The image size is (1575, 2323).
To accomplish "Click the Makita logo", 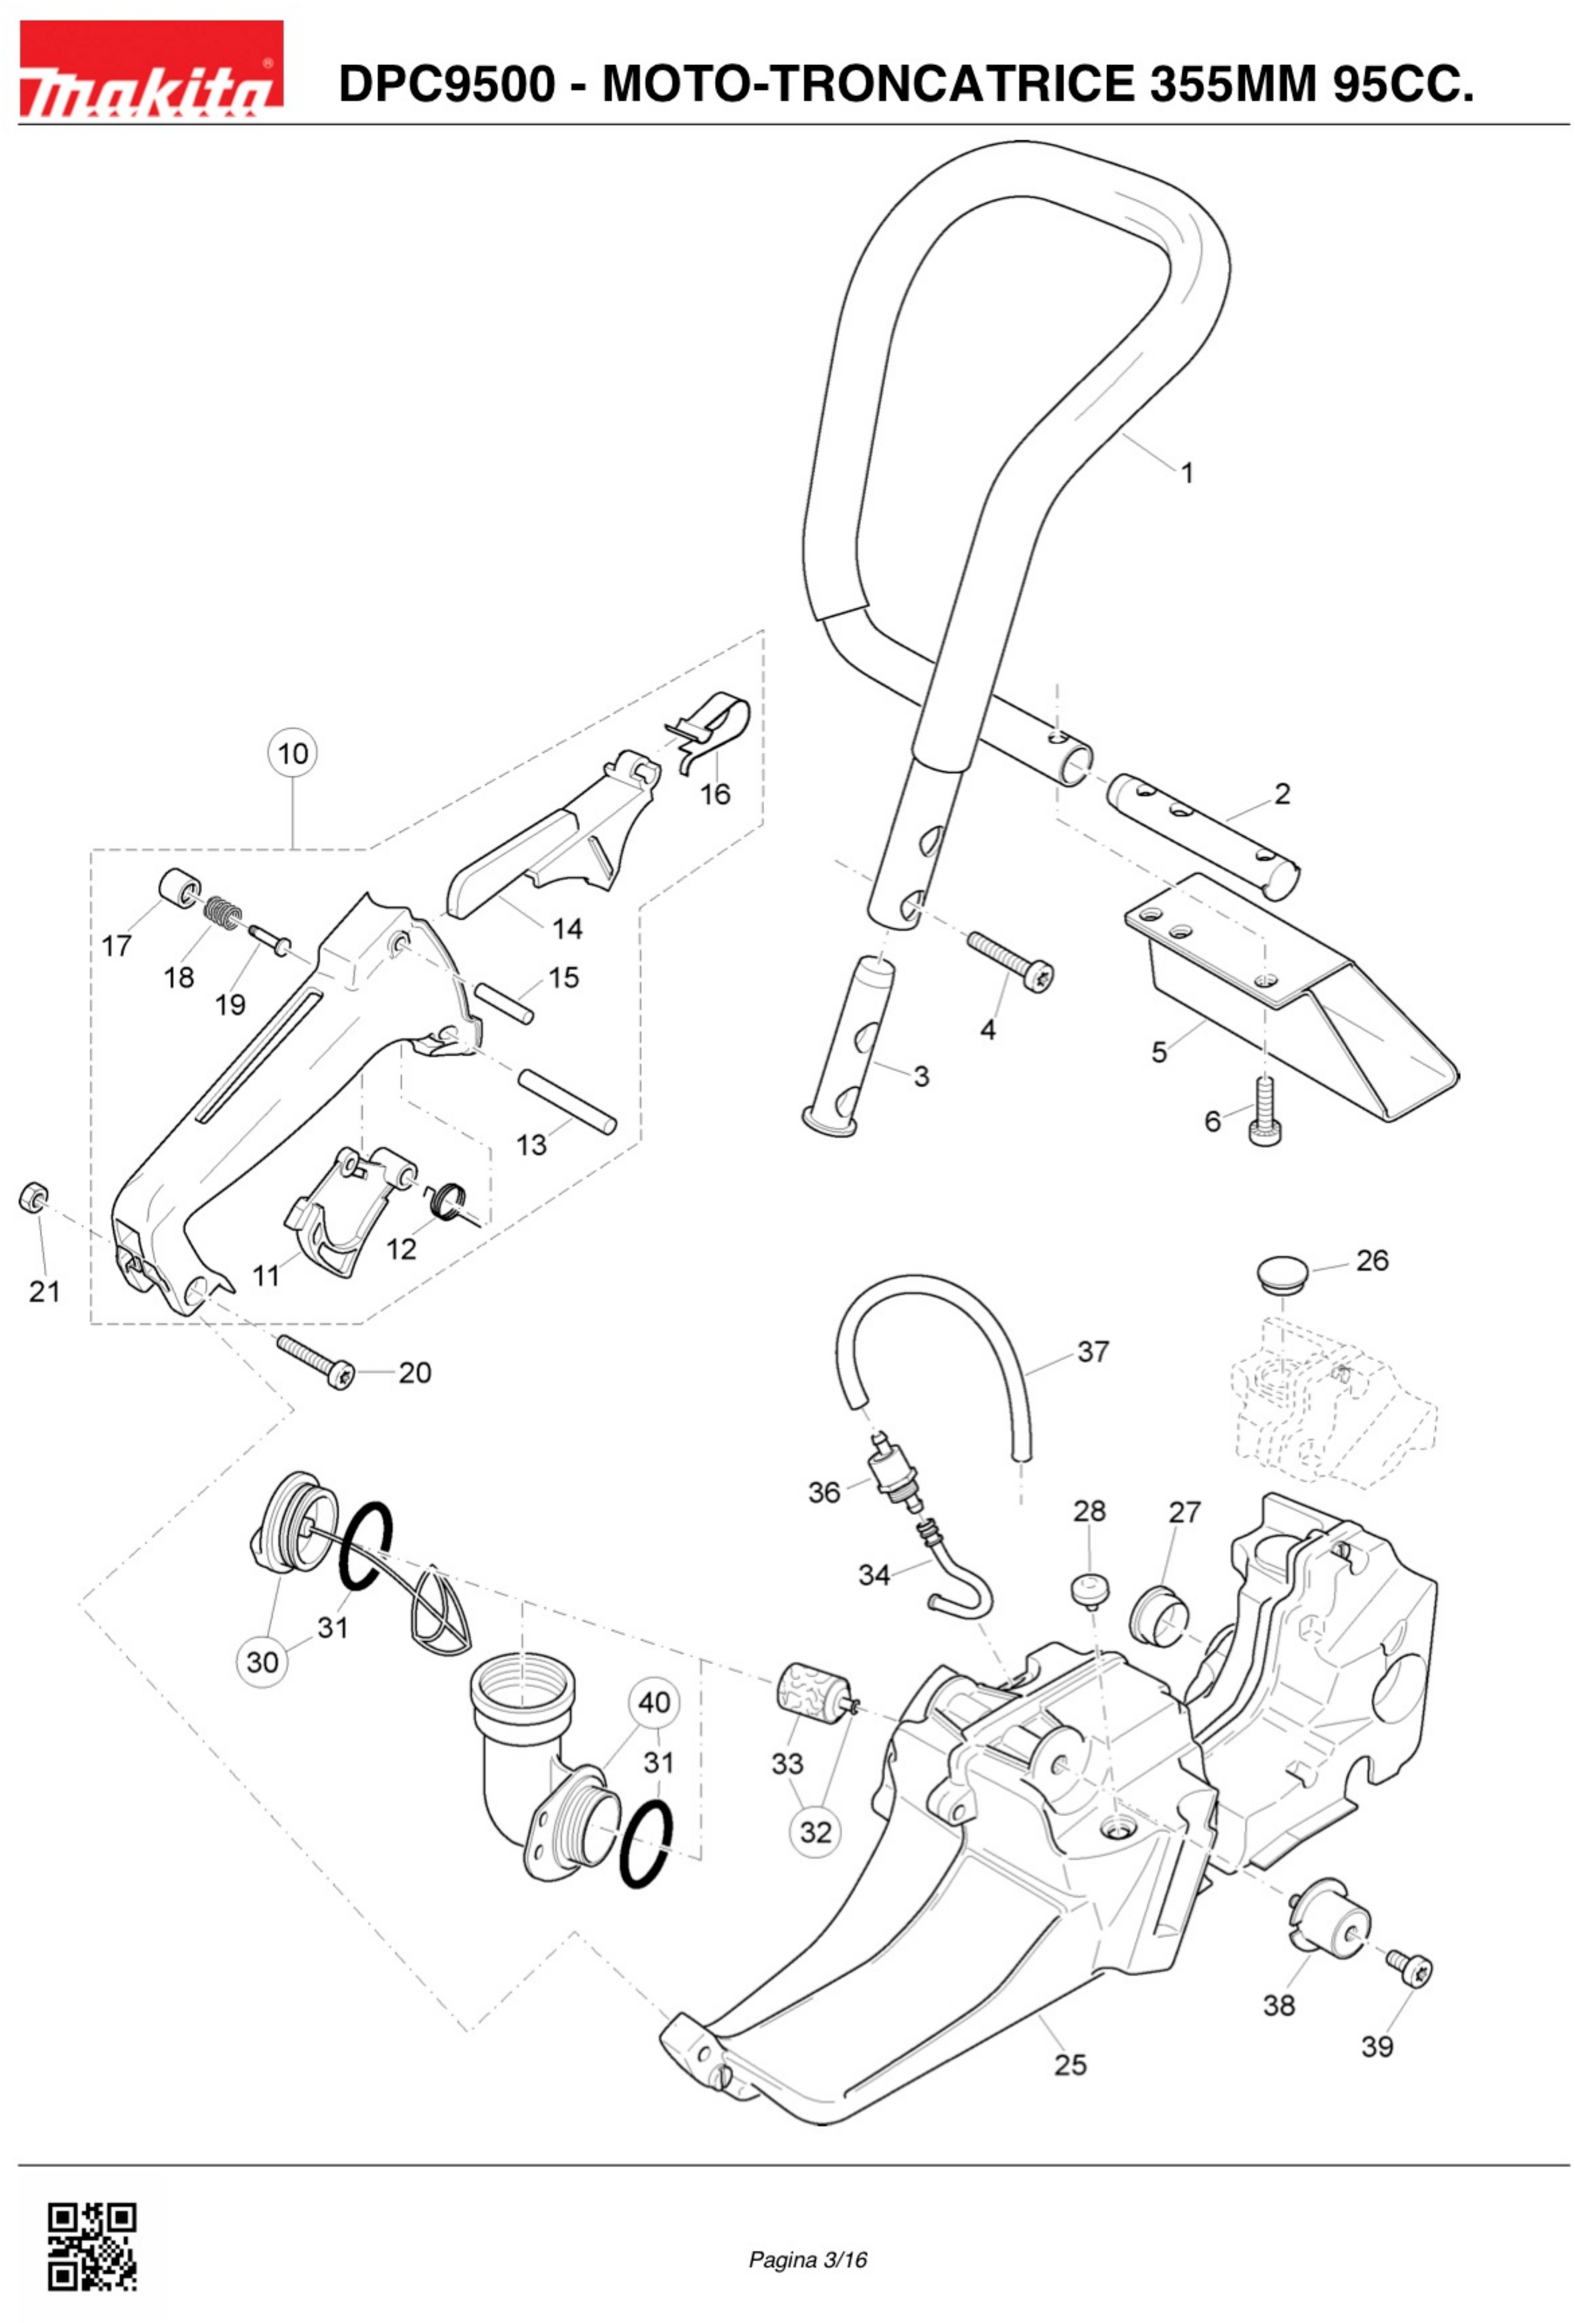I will coord(151,69).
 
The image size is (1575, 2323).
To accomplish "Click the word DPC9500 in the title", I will coord(446,84).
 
